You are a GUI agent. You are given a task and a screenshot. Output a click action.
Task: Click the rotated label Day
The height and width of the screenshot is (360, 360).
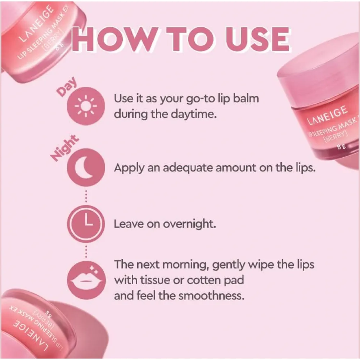(67, 87)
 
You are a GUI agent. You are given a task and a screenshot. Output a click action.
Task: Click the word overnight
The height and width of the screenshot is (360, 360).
(189, 224)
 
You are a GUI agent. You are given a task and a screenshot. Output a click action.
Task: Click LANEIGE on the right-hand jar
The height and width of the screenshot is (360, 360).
(327, 115)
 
